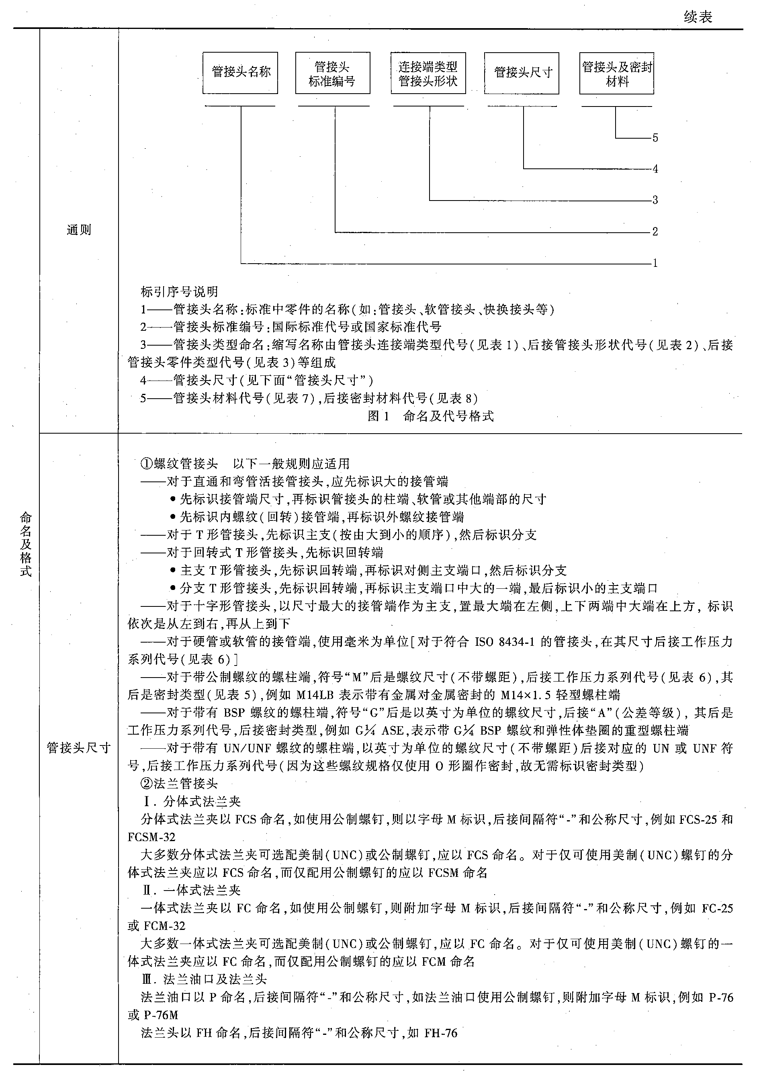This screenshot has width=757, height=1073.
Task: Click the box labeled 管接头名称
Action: point(240,73)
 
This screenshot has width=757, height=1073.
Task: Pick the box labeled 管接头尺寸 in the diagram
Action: point(522,73)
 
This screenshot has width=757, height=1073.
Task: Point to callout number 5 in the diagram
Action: point(655,138)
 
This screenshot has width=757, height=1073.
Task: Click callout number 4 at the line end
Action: point(655,169)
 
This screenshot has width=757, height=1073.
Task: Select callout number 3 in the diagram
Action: point(655,201)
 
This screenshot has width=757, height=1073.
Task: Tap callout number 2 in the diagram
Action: point(655,232)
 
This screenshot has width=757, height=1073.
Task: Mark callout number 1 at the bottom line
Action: point(655,263)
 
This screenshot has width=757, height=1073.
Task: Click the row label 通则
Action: point(78,230)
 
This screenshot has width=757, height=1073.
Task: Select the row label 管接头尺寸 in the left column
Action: point(78,748)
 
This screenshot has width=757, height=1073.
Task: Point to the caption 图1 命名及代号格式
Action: point(430,416)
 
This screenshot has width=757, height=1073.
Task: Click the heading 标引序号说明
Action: point(180,292)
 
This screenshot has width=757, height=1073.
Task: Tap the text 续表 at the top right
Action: point(698,17)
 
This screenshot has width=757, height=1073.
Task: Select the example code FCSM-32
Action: point(151,837)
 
